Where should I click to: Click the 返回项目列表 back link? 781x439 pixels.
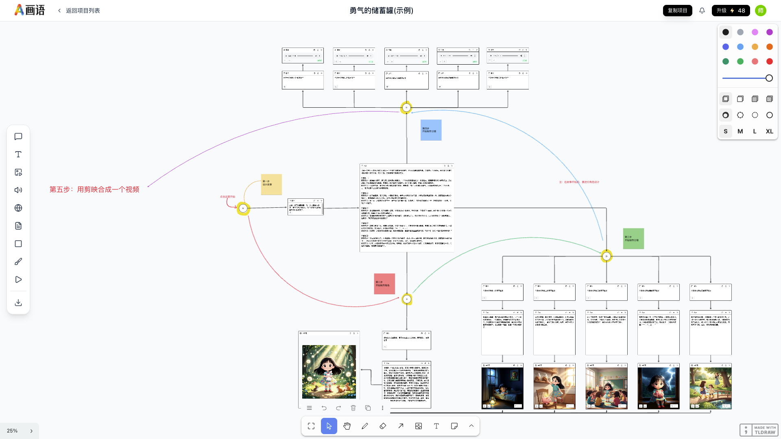coord(79,11)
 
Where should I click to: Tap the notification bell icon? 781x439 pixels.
coord(702,11)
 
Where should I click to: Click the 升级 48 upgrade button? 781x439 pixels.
coord(731,11)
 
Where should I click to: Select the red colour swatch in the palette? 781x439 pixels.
coord(769,61)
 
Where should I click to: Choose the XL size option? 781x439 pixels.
coord(769,131)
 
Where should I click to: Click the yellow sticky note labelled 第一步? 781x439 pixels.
coord(271,184)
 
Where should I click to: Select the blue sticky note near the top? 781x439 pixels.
coord(431,130)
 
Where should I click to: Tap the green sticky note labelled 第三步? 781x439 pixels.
coord(633,239)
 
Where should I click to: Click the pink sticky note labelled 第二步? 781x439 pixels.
coord(384,284)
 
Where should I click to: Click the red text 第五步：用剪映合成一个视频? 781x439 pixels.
coord(94,189)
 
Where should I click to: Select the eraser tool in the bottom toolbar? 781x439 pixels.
coord(383,426)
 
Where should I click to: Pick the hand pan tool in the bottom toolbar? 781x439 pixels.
coord(347,426)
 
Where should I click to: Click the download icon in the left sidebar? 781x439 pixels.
coord(18,303)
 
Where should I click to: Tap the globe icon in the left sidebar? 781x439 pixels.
coord(18,208)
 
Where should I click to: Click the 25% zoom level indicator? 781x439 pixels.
coord(12,431)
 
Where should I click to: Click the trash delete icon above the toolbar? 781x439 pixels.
coord(353,408)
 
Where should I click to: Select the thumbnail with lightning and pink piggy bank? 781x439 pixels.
coord(658,387)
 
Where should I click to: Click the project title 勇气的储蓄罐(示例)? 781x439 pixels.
coord(381,11)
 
